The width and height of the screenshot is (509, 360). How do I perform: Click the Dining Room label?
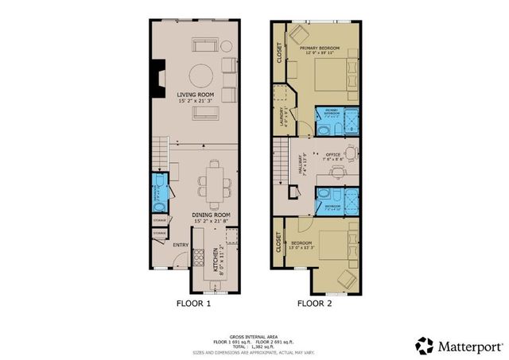(212, 215)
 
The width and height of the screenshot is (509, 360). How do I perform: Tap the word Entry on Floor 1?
(181, 244)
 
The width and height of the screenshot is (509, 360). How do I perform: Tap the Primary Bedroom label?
(320, 49)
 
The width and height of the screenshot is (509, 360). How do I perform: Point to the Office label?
(333, 156)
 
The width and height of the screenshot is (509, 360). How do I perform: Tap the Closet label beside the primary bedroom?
(279, 52)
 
